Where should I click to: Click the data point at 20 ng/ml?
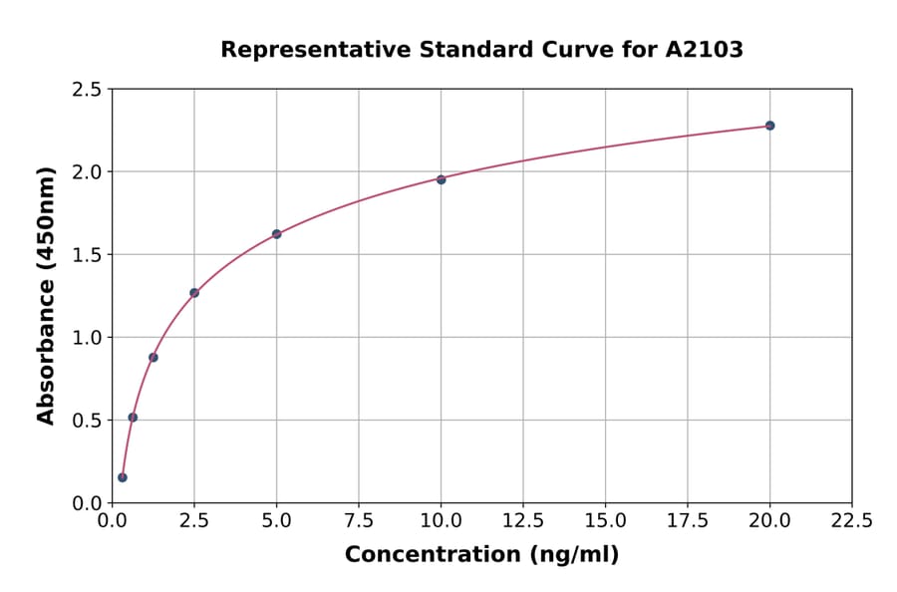[x=769, y=126]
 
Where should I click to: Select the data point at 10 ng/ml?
[x=441, y=179]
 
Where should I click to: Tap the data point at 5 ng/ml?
[x=276, y=234]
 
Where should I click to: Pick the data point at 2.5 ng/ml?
[x=194, y=293]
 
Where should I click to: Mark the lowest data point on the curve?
[x=123, y=477]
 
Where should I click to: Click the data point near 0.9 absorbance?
[x=153, y=357]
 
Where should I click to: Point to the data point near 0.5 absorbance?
[x=133, y=418]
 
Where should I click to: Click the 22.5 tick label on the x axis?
[x=851, y=521]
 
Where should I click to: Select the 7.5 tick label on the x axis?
[x=359, y=521]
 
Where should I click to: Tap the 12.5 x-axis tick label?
[x=522, y=521]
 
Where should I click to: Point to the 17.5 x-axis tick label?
[x=687, y=521]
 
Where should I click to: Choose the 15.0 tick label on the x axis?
[x=605, y=521]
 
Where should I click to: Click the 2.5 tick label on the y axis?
[x=87, y=90]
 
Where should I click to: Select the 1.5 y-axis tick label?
[x=87, y=255]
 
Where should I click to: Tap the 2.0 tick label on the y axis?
[x=87, y=172]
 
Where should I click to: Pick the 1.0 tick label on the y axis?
[x=87, y=338]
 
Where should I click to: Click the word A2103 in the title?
[x=704, y=50]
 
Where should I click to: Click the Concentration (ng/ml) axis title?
[x=481, y=555]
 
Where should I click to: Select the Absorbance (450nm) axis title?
[x=46, y=295]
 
